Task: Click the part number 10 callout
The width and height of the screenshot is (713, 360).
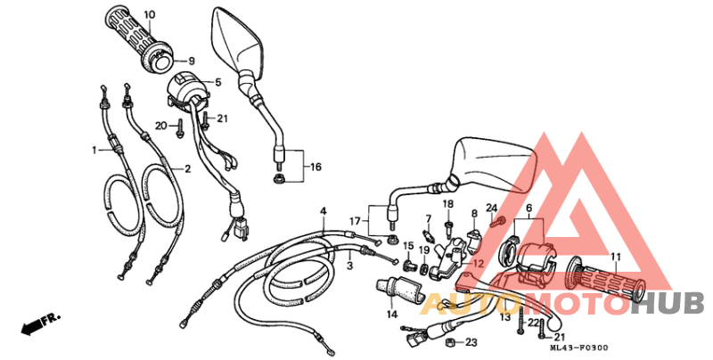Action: pos(149,15)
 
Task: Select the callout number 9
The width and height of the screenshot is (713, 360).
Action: pos(190,61)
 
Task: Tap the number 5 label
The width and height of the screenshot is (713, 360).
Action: pos(217,82)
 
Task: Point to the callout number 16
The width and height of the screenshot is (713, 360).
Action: pos(315,167)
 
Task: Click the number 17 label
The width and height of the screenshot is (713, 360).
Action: pos(354,221)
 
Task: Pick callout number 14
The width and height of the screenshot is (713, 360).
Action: pos(390,315)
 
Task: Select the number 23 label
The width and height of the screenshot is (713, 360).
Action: pos(471,342)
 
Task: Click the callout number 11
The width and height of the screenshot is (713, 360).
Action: pos(614,258)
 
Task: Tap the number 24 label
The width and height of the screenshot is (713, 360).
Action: pos(491,208)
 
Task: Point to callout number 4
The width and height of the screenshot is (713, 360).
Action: pos(324,210)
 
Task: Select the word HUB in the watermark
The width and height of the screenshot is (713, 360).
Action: pos(676,303)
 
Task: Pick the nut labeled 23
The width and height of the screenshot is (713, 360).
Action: pos(451,343)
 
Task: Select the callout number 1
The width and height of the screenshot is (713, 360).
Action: pos(93,151)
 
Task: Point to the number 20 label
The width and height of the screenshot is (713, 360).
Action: pos(160,125)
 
